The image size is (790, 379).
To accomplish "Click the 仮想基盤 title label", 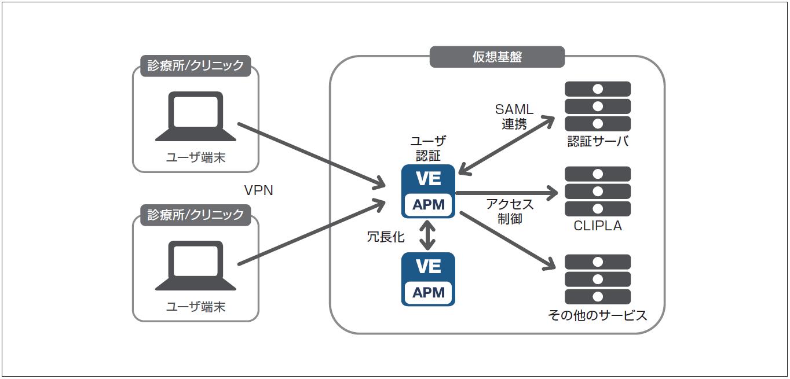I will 497,57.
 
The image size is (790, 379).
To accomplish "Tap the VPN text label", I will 258,190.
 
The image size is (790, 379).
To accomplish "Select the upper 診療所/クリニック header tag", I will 196,65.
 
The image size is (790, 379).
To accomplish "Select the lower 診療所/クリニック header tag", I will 196,215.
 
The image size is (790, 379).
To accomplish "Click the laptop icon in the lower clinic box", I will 196,266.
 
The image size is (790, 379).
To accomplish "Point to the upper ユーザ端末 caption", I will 196,157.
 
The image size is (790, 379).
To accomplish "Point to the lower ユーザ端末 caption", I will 196,307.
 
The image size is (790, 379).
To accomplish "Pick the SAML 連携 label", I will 513,116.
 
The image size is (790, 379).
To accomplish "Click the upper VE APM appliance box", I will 428,192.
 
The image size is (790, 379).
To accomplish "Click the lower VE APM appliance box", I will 428,279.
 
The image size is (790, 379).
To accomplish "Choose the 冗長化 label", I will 386,237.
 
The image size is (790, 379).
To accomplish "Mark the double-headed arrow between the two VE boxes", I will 428,236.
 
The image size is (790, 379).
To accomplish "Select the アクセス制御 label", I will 510,212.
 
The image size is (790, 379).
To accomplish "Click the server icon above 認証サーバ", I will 598,106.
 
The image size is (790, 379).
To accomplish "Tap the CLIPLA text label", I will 598,226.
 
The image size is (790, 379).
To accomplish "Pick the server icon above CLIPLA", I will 598,192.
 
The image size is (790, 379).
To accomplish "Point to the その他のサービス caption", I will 598,315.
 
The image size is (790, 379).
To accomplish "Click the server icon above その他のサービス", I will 598,279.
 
